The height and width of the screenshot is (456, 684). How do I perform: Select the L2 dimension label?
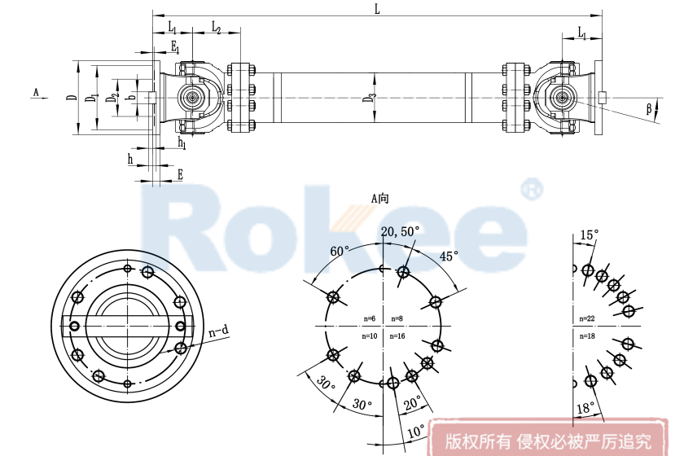pos(217,28)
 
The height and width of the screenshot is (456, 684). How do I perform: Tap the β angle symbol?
pos(649,108)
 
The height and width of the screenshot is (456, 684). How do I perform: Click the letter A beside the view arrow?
pos(35,93)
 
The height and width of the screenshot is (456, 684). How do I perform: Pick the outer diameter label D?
pos(72,98)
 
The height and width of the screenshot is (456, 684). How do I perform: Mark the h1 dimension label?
pos(182,143)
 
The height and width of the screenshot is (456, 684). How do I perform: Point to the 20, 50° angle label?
pos(400,232)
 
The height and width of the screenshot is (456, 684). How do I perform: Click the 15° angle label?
pos(589,235)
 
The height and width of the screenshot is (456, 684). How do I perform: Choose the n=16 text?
pos(397,335)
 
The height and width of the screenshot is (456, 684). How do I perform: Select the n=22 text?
pos(587,318)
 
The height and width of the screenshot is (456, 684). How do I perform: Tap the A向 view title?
pos(380,198)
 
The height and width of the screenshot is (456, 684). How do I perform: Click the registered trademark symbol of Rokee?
pos(531,190)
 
